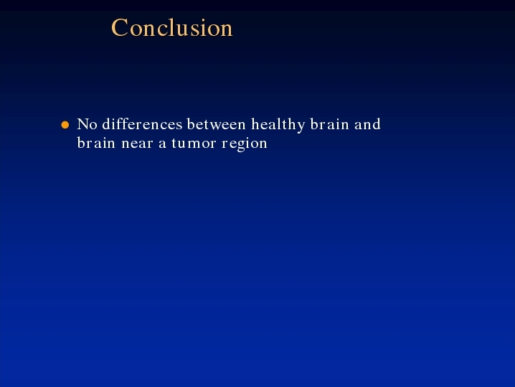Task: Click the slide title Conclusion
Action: [x=172, y=27]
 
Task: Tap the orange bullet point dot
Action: [x=65, y=125]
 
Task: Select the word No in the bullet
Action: [x=87, y=124]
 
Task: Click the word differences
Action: [x=142, y=124]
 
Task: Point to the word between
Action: [x=216, y=124]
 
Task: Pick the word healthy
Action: [x=278, y=125]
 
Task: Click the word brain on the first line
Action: [x=329, y=124]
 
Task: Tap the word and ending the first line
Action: [x=367, y=124]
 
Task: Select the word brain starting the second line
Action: [x=96, y=143]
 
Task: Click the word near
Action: [x=137, y=144]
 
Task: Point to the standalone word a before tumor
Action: [x=162, y=144]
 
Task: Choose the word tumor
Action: [x=194, y=144]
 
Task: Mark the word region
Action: [x=245, y=144]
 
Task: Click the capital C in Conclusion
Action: [x=120, y=27]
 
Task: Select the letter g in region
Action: [x=241, y=146]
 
